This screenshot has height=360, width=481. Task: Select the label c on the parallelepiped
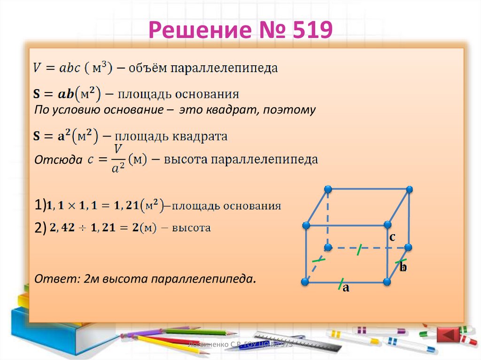click(x=392, y=237)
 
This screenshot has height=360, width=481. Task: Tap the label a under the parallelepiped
click(x=346, y=288)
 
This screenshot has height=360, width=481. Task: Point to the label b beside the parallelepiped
click(x=403, y=268)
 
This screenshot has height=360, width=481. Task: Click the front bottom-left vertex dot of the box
click(x=305, y=282)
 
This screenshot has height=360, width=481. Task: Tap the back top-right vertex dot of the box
click(x=410, y=189)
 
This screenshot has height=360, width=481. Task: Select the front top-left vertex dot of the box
click(x=306, y=226)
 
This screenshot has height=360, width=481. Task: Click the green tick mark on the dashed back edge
click(x=359, y=250)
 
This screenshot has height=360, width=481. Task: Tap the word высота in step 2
click(x=191, y=229)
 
